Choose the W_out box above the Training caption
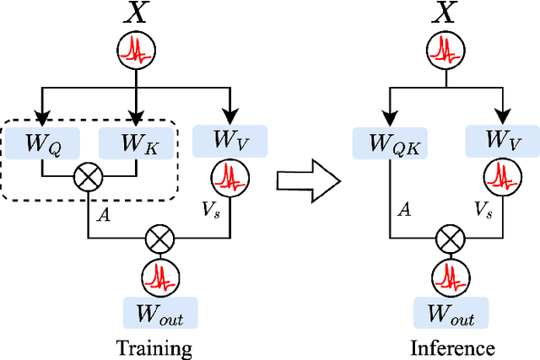160,312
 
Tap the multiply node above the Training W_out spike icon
160,239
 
